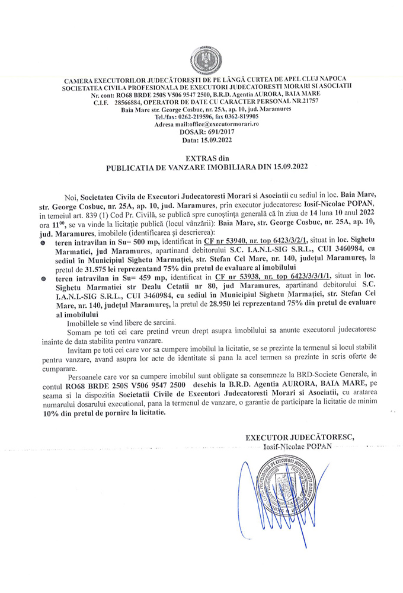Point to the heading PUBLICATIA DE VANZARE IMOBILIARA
click(190, 168)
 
